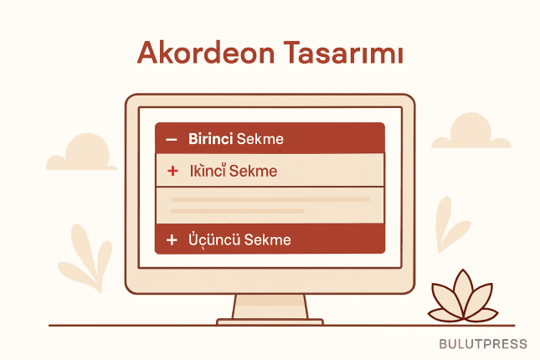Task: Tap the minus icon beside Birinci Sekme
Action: click(x=172, y=139)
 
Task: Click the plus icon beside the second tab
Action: click(x=173, y=171)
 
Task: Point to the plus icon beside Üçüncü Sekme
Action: click(x=172, y=240)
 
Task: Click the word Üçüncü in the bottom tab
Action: click(x=215, y=239)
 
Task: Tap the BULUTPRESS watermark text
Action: click(x=483, y=344)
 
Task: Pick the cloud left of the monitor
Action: click(x=84, y=154)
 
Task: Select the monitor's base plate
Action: click(x=270, y=321)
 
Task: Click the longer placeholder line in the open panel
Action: click(x=270, y=199)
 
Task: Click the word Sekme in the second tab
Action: click(x=256, y=171)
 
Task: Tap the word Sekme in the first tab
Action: click(x=260, y=138)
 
